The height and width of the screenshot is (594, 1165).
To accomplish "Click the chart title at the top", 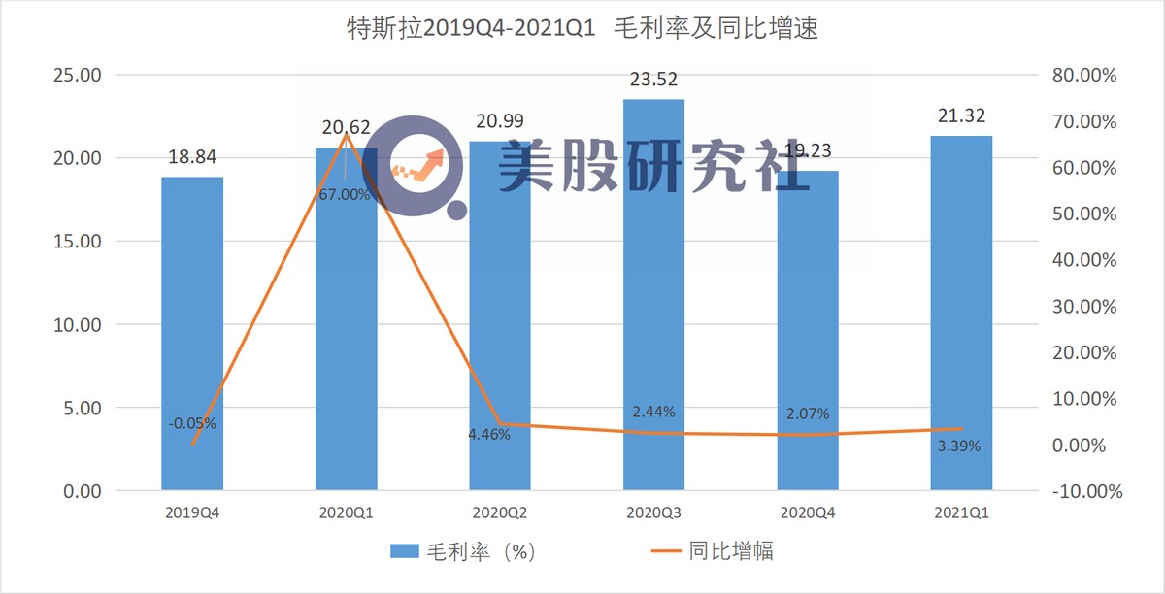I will [582, 30].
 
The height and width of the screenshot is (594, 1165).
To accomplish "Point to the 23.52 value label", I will [653, 81].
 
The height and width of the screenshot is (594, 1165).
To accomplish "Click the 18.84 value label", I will [192, 158].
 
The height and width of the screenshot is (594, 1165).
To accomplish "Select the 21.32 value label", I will [961, 116].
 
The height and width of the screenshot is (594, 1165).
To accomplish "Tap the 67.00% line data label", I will [345, 194].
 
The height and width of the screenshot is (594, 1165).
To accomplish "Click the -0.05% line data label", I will [192, 423].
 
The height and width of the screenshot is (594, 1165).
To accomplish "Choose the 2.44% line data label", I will [653, 412].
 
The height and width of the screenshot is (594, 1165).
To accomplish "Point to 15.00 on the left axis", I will [76, 242].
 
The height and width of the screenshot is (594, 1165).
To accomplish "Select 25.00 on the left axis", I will [76, 76].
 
